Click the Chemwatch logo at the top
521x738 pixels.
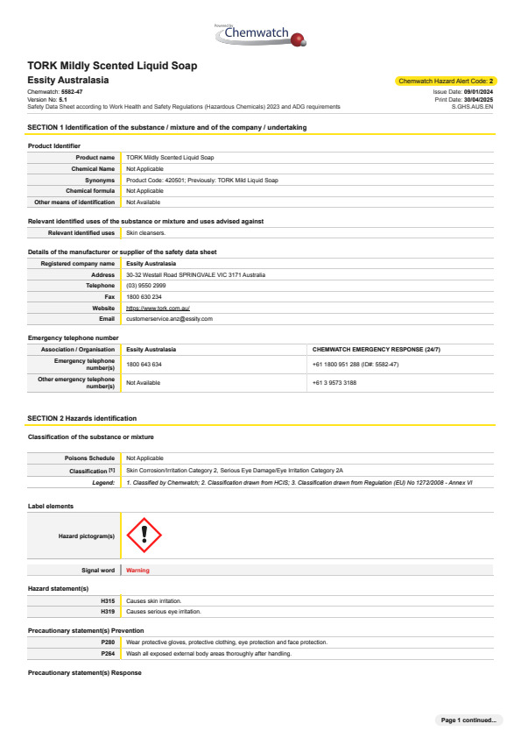point(260,34)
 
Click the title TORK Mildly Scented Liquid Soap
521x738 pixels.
point(112,66)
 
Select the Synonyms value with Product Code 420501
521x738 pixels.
point(201,180)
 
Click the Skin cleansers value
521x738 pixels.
point(144,233)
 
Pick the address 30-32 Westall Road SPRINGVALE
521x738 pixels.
point(195,274)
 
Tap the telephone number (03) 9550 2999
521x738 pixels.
point(146,286)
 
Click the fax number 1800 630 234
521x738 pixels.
point(144,297)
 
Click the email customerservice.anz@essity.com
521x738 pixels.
point(169,319)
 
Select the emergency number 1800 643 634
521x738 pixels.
point(144,363)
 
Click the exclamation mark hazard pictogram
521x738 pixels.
point(144,536)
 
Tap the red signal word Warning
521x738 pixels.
point(137,570)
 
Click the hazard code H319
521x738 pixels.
point(108,611)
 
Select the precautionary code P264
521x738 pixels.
point(108,653)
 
